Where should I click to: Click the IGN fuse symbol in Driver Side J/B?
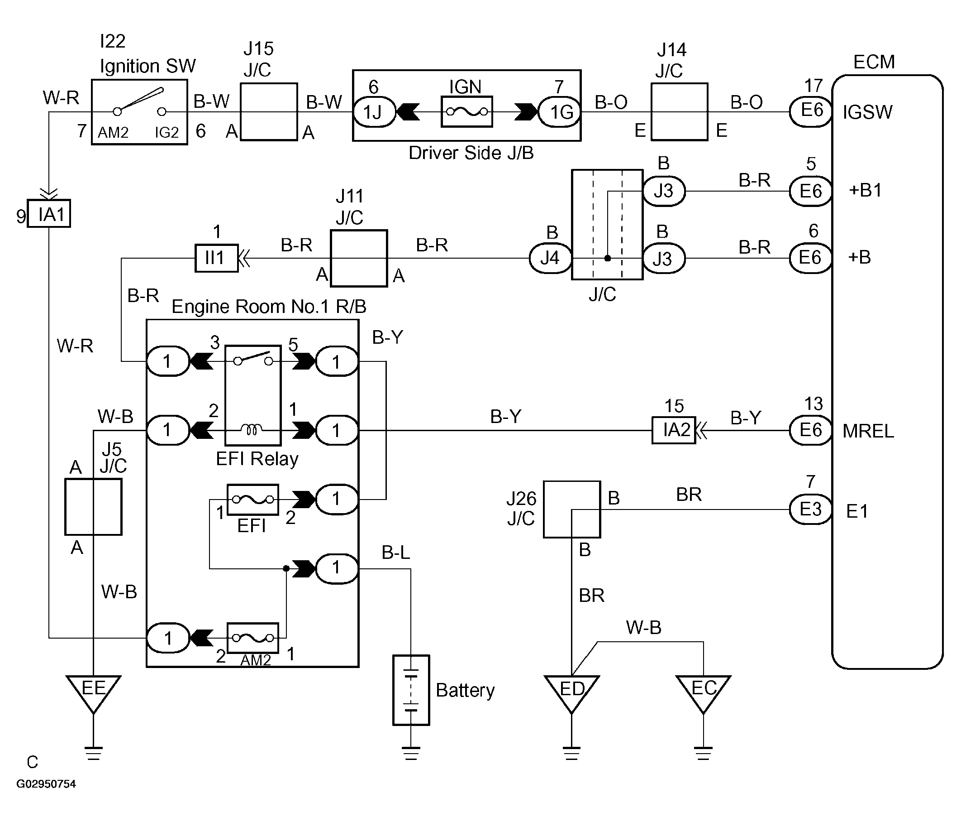coord(467,112)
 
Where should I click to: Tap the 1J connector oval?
coord(375,112)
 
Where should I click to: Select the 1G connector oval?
coord(559,112)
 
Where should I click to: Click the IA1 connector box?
coord(49,213)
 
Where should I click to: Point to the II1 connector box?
coord(216,258)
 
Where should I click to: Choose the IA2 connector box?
coord(674,430)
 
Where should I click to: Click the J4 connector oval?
coord(551,258)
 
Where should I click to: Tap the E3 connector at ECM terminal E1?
coord(810,509)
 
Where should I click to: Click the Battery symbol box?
coord(411,690)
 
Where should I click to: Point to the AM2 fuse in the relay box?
coord(253,638)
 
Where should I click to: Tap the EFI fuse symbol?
coord(253,500)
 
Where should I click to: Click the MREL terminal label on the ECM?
coord(868,431)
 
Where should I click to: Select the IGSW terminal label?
coord(867,112)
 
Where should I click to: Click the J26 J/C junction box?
coord(572,509)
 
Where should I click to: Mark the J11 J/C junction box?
coord(359,258)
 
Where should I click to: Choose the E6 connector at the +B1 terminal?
coord(810,191)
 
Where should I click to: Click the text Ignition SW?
coord(148,66)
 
